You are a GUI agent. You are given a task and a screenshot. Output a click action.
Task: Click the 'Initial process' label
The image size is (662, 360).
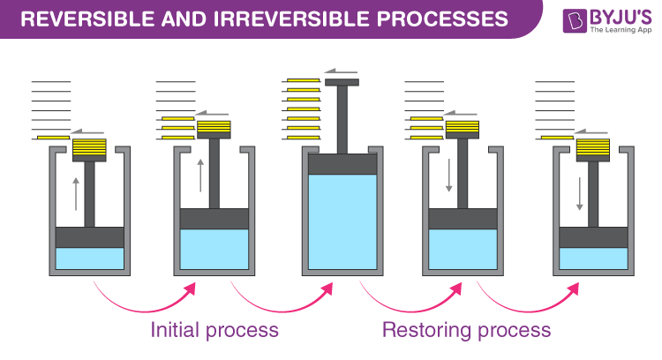click(214, 331)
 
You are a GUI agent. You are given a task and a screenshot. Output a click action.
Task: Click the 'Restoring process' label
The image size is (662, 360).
click(466, 331)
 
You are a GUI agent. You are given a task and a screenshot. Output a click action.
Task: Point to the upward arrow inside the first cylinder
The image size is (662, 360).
click(76, 192)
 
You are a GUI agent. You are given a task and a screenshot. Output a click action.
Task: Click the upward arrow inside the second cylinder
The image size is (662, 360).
click(200, 174)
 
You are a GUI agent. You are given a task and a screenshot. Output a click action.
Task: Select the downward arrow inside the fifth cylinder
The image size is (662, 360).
click(579, 192)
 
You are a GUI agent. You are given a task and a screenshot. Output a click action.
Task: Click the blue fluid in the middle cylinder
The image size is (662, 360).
click(342, 221)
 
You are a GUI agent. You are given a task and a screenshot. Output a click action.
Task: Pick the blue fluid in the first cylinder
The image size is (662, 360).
click(89, 259)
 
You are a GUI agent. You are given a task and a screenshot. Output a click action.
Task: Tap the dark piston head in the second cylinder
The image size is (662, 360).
click(214, 219)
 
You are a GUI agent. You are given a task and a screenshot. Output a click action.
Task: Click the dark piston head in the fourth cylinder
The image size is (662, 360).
click(463, 219)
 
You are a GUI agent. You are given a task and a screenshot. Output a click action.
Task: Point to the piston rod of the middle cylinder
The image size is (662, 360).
click(342, 119)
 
